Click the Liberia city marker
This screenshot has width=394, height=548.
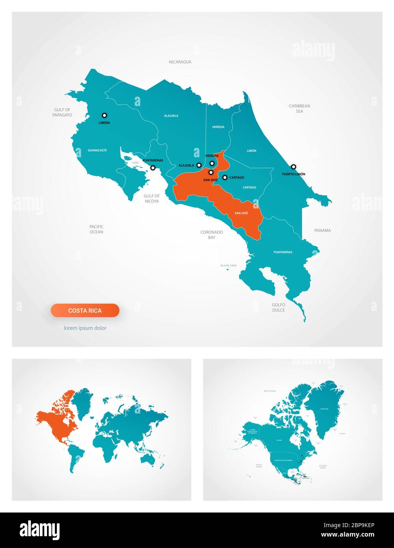[105, 116]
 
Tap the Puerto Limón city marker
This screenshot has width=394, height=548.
[293, 167]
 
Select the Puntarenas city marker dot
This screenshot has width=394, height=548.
[153, 168]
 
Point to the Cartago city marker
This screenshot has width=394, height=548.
[225, 177]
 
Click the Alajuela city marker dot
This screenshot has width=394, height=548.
[199, 165]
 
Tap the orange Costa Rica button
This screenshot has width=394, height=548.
[85, 310]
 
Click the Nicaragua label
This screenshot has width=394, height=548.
[180, 62]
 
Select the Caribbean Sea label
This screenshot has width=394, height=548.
[299, 108]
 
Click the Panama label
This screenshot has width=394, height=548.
[322, 230]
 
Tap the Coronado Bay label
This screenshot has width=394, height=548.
[212, 235]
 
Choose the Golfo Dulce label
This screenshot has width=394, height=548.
[278, 307]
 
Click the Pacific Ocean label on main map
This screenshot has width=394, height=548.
[96, 229]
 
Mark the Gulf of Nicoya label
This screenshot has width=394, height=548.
[152, 198]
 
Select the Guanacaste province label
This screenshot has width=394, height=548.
[97, 150]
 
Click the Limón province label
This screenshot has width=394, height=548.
[251, 151]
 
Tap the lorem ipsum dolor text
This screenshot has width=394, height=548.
[85, 328]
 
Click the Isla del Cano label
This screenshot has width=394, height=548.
[228, 266]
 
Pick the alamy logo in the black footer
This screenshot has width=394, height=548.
[40, 530]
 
